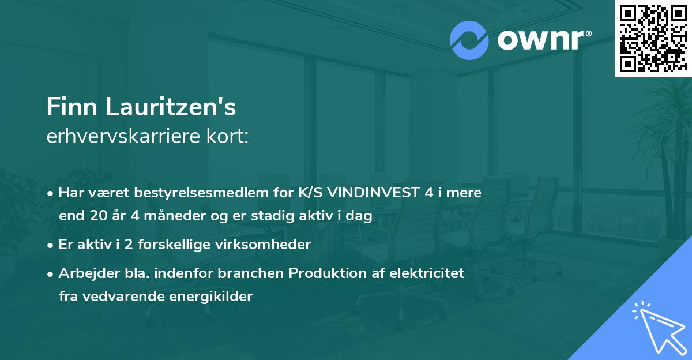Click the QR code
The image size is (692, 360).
[x=653, y=38]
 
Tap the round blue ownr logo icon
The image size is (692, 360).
[x=469, y=40]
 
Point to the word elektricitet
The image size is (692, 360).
[x=427, y=273]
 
